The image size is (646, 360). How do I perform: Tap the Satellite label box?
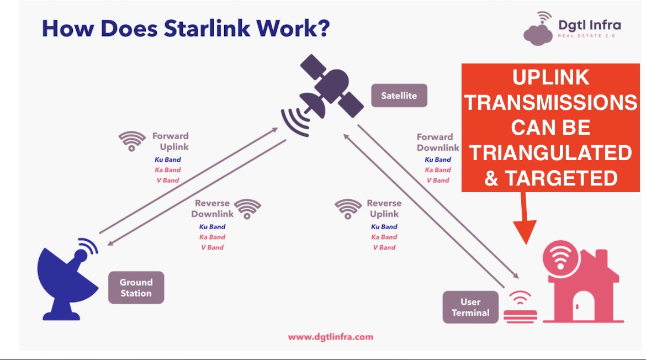[x=399, y=96]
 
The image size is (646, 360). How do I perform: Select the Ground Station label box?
[x=136, y=288]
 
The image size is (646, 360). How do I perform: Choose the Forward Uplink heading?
[x=171, y=141]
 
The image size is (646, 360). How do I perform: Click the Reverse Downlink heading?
[x=213, y=209]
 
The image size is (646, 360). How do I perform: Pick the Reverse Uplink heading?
[x=384, y=209]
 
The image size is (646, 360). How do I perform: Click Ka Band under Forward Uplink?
[x=167, y=170]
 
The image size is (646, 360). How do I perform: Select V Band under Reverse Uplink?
[x=384, y=247]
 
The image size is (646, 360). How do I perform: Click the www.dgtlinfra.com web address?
[x=331, y=336]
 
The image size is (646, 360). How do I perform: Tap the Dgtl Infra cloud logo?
[x=538, y=30]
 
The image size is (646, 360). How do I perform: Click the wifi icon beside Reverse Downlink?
[x=248, y=208]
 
